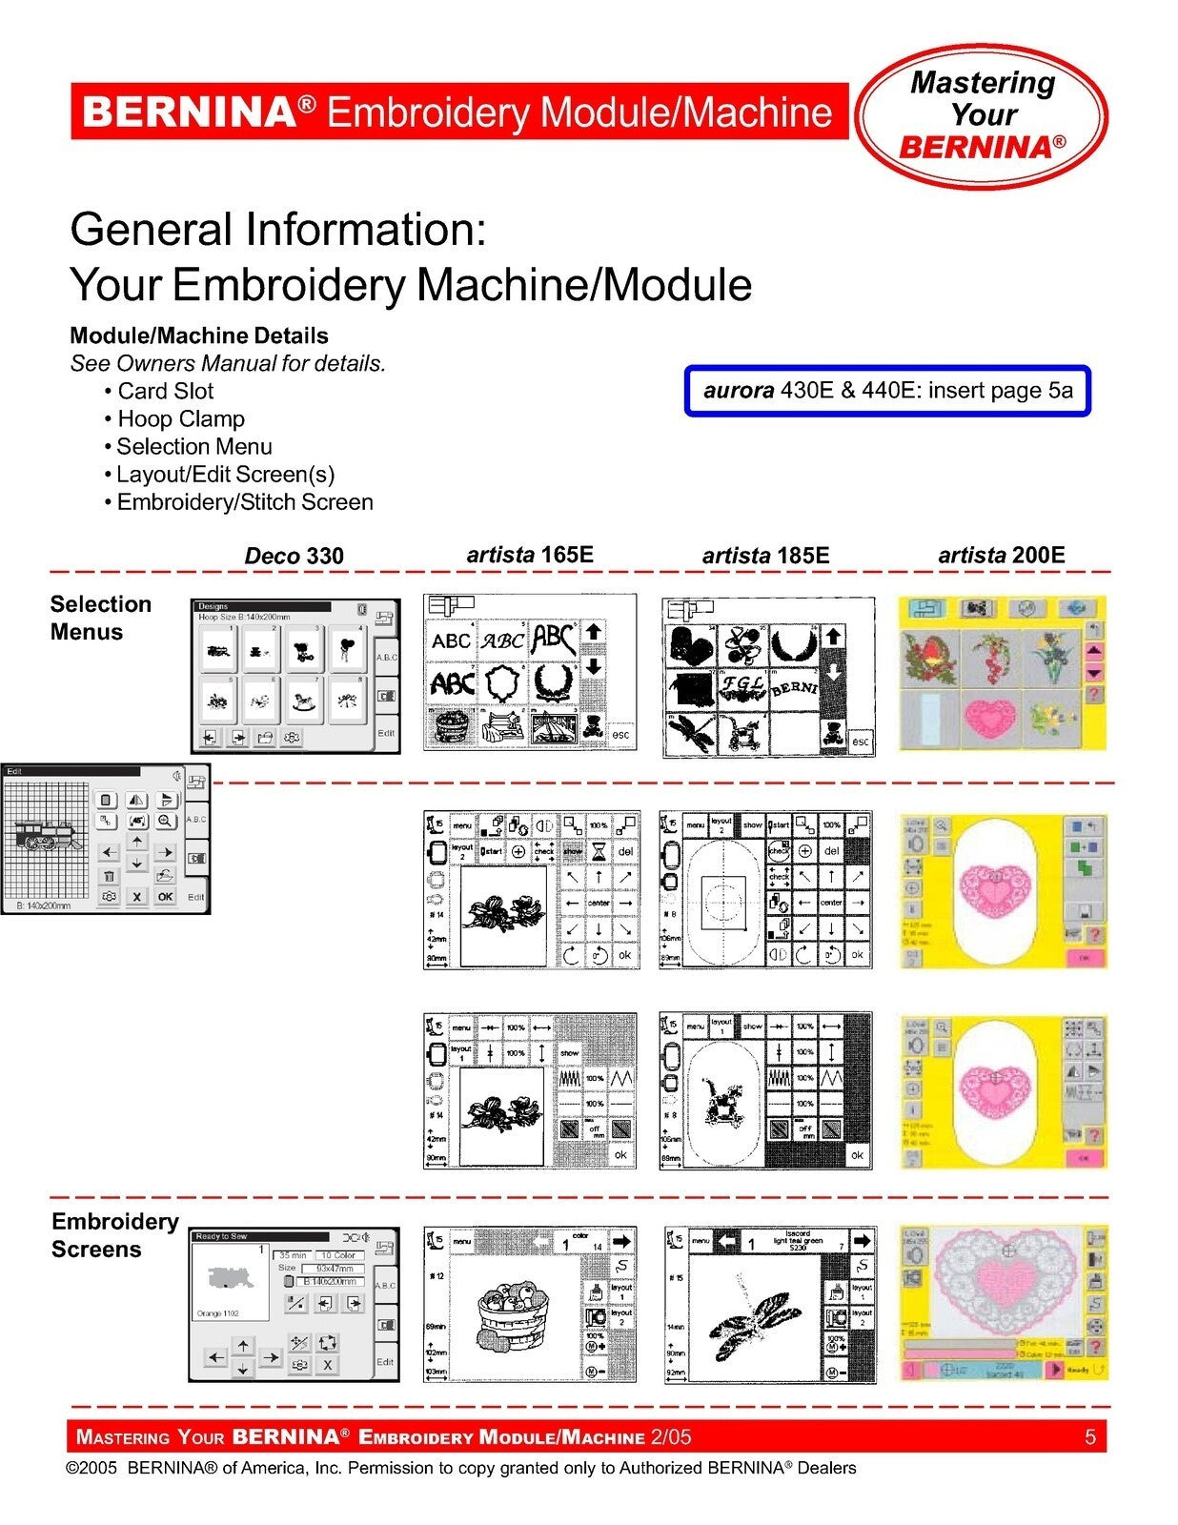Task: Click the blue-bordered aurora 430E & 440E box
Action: [x=887, y=391]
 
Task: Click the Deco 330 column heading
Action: [x=294, y=556]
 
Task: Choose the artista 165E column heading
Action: [x=530, y=555]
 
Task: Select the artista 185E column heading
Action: [x=765, y=556]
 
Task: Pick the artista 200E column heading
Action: [x=1001, y=555]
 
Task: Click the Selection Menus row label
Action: [x=100, y=618]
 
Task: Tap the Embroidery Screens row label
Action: [x=114, y=1235]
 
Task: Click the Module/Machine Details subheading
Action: [x=198, y=336]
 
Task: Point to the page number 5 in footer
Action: [x=1090, y=1437]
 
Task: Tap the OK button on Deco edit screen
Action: [x=166, y=897]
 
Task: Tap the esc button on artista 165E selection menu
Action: [x=620, y=734]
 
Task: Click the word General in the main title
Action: [x=151, y=231]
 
